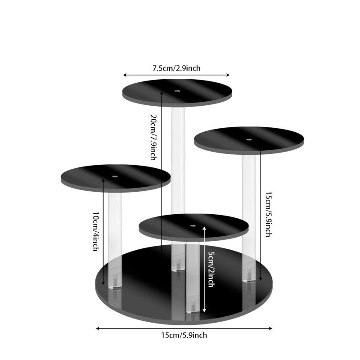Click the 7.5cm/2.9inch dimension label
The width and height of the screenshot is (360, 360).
tap(176, 68)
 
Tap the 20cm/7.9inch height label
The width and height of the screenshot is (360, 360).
tap(153, 137)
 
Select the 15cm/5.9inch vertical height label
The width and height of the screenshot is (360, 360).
tap(269, 214)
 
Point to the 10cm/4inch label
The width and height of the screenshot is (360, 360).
tap(96, 231)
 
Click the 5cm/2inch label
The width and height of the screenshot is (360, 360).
tap(211, 269)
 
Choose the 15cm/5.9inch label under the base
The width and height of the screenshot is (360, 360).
tap(184, 335)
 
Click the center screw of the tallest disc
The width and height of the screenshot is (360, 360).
tap(177, 91)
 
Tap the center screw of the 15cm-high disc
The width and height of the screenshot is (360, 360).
tap(249, 139)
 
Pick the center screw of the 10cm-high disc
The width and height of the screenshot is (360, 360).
tap(115, 176)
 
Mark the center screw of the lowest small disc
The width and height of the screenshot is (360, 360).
tap(193, 226)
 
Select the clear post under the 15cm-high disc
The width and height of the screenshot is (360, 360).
tap(249, 218)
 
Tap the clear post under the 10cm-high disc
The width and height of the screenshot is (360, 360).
tap(115, 239)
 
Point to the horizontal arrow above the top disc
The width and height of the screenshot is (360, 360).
tap(176, 75)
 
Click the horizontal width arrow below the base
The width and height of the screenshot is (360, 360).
tap(184, 328)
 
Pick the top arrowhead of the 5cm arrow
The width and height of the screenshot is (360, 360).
tap(204, 228)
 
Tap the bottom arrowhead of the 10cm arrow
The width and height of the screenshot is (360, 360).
tap(103, 283)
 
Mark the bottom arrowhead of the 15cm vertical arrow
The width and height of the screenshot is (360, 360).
tap(261, 279)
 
